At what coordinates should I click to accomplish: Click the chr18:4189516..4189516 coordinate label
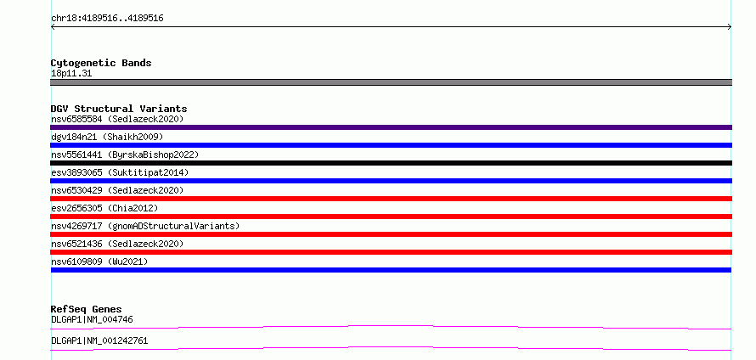click(x=107, y=19)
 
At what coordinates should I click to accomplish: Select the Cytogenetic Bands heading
click(x=101, y=63)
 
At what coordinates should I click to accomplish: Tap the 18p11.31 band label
click(x=71, y=74)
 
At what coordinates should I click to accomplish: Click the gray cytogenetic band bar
click(x=391, y=82)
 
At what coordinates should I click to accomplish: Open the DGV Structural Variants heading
click(x=119, y=109)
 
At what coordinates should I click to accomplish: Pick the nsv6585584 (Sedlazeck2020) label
click(x=117, y=119)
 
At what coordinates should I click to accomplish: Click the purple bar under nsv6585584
click(x=391, y=127)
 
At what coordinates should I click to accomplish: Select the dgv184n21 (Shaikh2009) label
click(x=107, y=137)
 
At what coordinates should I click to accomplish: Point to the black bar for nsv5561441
click(x=391, y=163)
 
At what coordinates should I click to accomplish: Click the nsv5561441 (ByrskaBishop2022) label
click(x=125, y=155)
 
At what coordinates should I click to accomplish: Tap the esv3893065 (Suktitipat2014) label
click(x=120, y=172)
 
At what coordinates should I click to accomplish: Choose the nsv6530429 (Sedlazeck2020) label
click(x=117, y=190)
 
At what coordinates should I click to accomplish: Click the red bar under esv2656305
click(x=391, y=217)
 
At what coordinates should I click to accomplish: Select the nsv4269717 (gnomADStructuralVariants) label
click(x=145, y=226)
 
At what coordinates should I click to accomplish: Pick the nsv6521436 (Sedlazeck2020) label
click(x=117, y=244)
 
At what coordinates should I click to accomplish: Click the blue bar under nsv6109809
click(x=391, y=270)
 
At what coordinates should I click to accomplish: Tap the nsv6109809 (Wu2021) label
click(x=99, y=262)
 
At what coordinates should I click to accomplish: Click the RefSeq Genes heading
click(x=87, y=309)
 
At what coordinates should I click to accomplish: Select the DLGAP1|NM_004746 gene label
click(x=92, y=319)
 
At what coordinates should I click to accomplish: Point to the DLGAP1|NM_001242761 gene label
click(x=99, y=340)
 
